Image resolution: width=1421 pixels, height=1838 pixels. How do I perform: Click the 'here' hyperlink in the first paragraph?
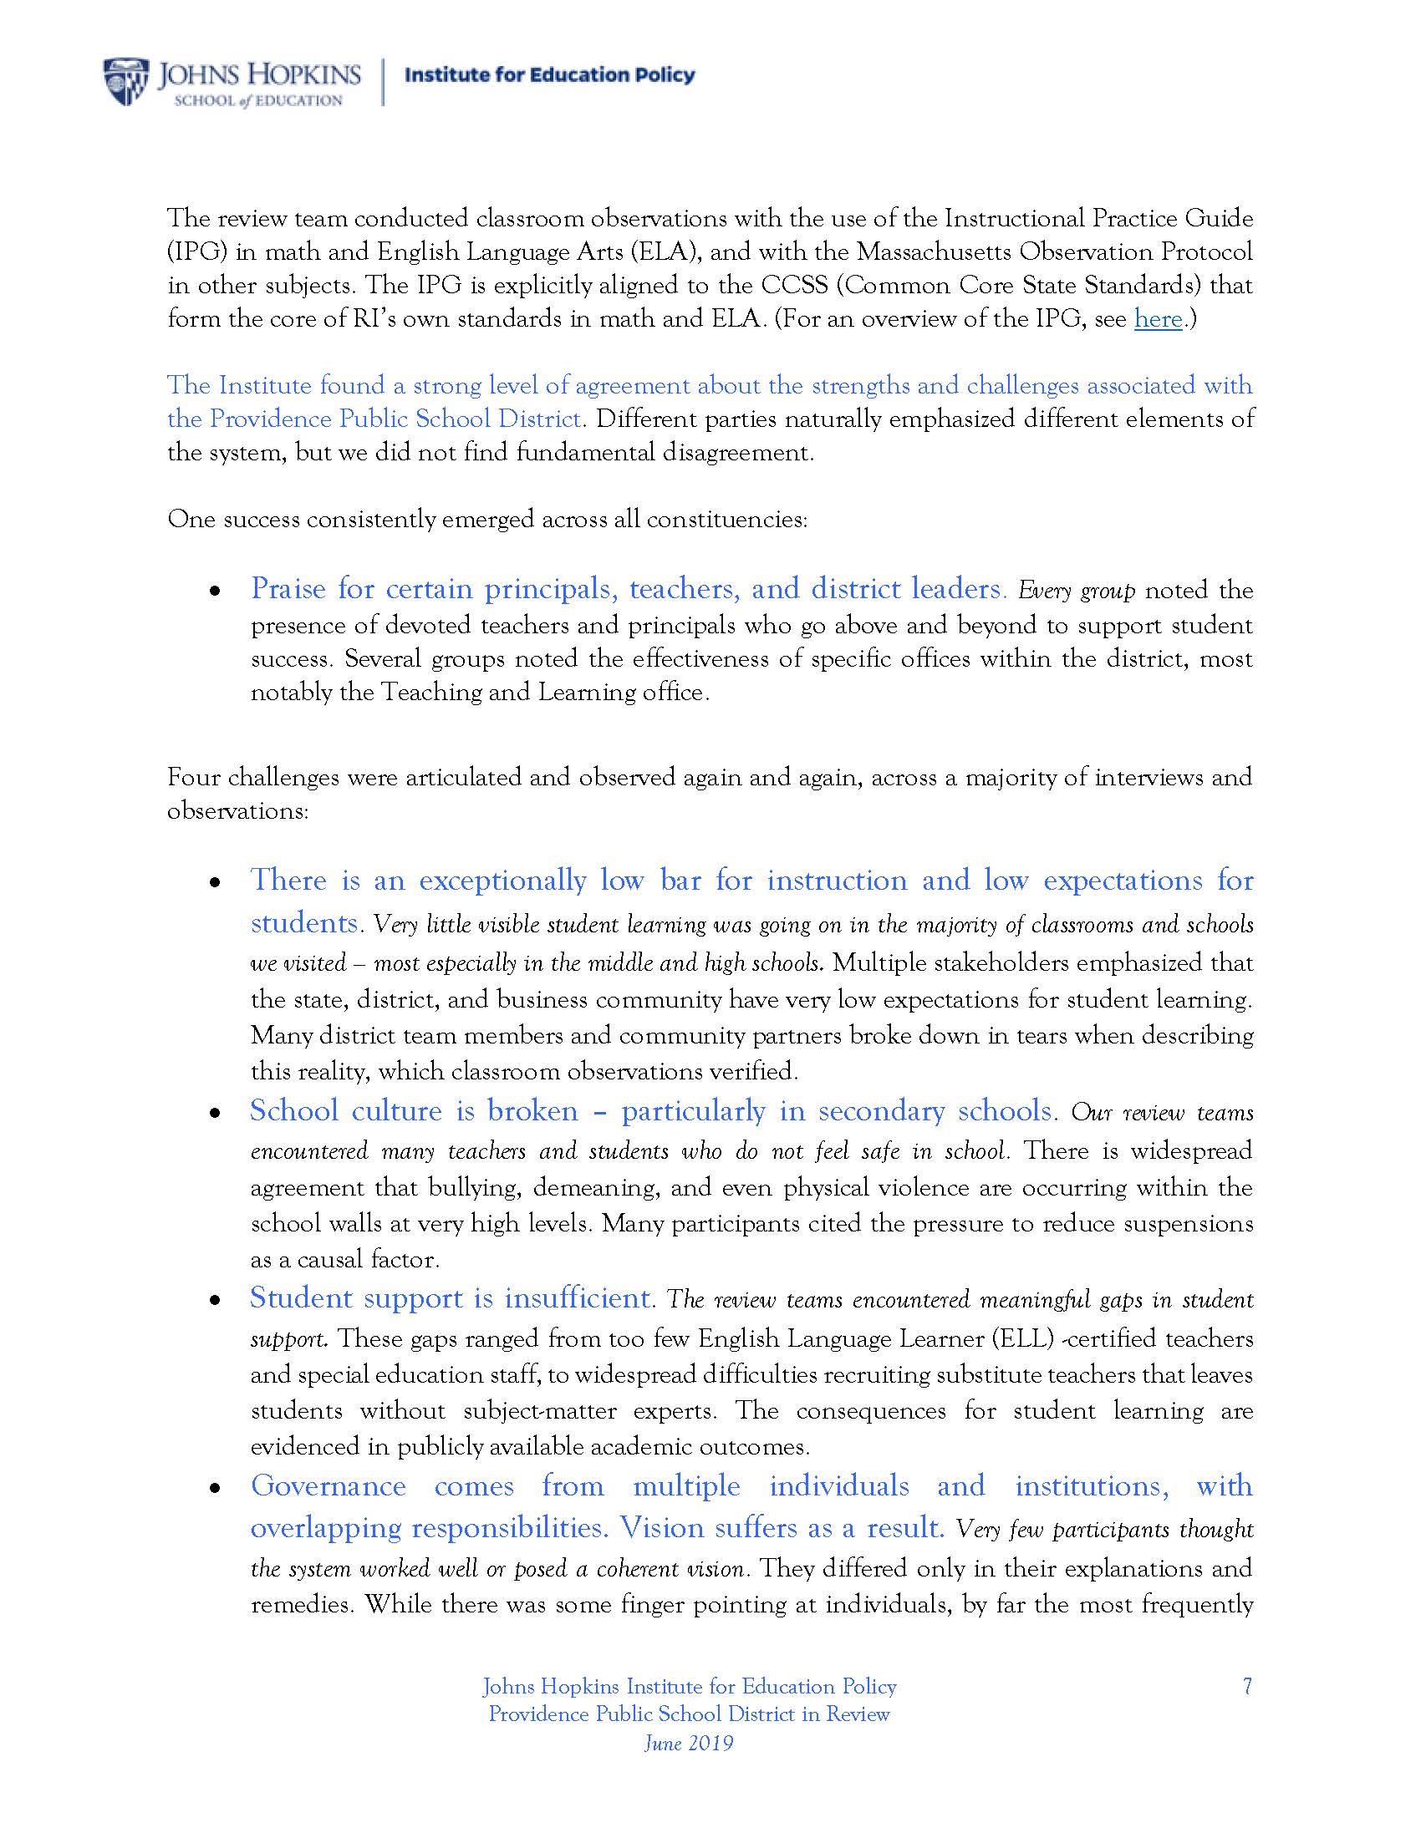point(1158,319)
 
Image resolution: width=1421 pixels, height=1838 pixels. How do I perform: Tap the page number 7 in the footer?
point(1247,1687)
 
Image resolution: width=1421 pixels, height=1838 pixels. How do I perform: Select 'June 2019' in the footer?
point(689,1742)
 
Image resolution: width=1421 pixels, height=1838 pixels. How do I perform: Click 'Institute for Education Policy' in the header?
point(550,75)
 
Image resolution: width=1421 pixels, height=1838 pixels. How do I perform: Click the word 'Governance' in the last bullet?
point(329,1485)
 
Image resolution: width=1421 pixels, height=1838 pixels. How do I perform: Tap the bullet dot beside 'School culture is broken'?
point(216,1114)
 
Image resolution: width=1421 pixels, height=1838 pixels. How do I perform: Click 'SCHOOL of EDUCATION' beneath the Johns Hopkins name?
point(257,101)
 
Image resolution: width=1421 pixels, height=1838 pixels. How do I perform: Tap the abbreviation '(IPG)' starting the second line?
point(195,251)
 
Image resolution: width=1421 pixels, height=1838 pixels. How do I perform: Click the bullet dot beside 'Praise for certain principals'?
point(216,592)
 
